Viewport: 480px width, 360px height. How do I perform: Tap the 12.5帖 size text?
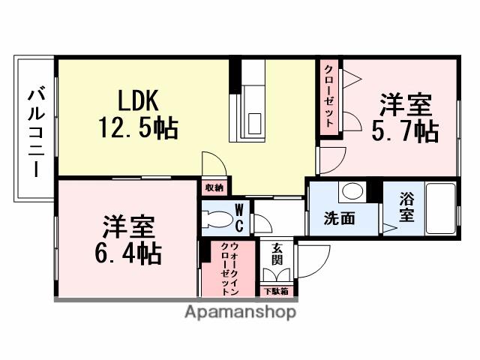138,128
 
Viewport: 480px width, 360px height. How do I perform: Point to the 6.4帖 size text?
127,253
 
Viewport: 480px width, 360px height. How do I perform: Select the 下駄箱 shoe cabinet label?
277,290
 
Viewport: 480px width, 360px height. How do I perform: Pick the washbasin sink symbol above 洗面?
350,192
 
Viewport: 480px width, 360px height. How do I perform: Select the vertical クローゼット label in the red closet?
329,98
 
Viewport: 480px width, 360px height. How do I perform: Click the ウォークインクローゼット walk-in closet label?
228,268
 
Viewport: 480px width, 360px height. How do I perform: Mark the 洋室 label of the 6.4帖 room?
128,225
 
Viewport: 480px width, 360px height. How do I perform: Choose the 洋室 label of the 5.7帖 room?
406,103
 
